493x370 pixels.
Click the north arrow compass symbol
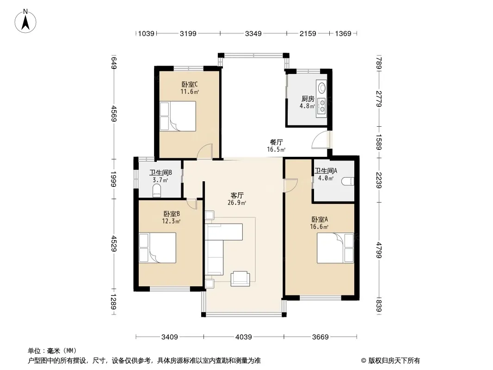click(x=25, y=21)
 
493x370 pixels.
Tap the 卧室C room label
click(x=190, y=84)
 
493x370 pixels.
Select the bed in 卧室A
click(x=335, y=248)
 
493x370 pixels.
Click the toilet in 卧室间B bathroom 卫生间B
click(x=157, y=191)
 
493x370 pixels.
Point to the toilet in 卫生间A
click(x=348, y=181)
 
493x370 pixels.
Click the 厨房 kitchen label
click(x=308, y=99)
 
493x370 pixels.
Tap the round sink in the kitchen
click(x=322, y=87)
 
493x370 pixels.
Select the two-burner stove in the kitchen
click(x=322, y=106)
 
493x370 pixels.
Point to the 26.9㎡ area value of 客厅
click(x=237, y=203)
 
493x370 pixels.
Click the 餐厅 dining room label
click(x=277, y=142)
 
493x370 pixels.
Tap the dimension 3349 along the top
click(x=253, y=33)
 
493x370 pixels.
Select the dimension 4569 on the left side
click(x=114, y=114)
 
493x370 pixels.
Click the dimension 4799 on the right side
click(x=379, y=250)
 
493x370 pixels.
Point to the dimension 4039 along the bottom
click(x=244, y=337)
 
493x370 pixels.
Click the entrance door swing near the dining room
click(x=320, y=140)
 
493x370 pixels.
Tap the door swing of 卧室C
click(x=205, y=151)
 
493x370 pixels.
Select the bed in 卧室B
click(x=158, y=248)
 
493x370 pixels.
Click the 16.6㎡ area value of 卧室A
click(x=319, y=227)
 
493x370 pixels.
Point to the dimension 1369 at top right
click(x=343, y=33)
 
